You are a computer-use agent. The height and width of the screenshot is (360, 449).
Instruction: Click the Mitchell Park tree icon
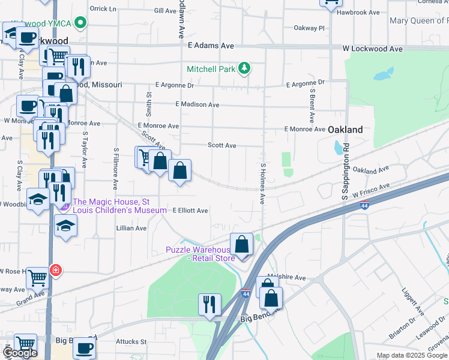[244, 69]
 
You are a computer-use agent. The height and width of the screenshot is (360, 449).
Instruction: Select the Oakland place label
[345, 130]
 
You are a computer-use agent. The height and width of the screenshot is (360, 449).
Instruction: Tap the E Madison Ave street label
[197, 104]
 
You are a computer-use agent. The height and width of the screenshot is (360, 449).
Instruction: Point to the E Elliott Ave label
[190, 211]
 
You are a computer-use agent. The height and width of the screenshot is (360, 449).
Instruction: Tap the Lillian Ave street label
[131, 229]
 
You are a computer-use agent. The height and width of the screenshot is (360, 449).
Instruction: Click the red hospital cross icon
[56, 270]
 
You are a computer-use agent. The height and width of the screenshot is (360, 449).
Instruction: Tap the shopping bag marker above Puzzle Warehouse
[241, 244]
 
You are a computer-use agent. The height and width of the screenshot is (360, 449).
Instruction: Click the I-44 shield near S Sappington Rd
[365, 206]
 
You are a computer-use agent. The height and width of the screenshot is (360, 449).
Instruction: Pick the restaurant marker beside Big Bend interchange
[209, 304]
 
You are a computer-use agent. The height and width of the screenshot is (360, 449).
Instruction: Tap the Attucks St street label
[131, 341]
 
